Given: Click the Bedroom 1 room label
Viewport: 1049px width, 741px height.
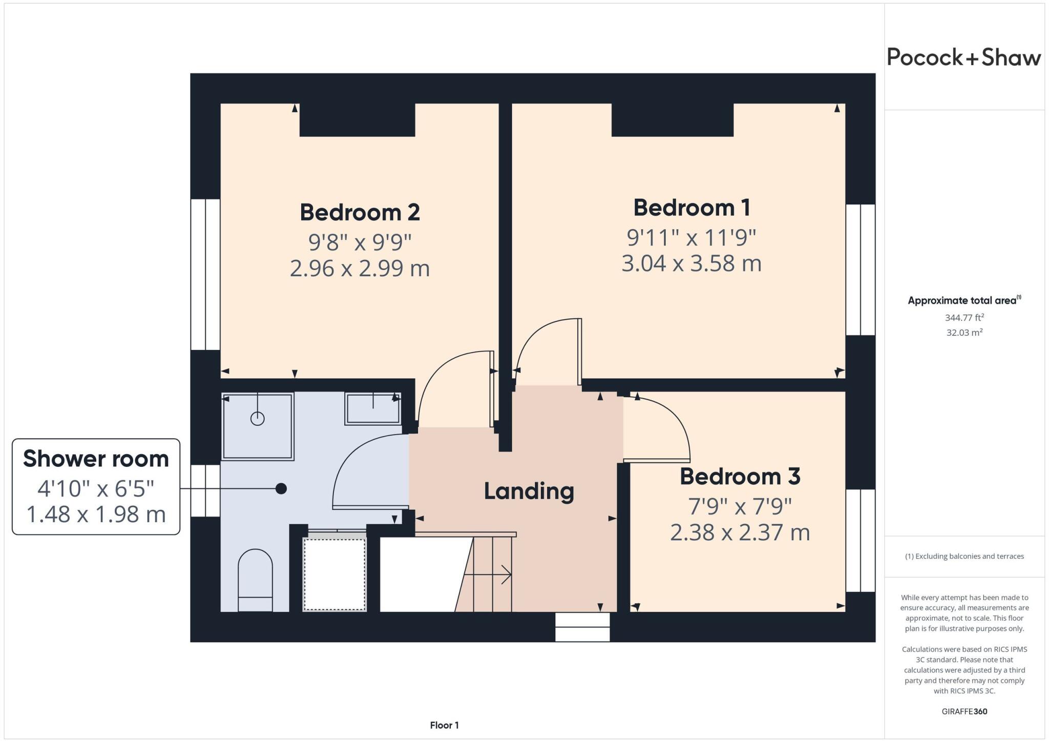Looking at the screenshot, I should [691, 208].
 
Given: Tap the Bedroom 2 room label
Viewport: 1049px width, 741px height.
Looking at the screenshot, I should [360, 212].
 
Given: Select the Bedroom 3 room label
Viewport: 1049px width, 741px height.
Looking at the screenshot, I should [740, 477].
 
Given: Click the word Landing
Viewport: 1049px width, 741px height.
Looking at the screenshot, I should [529, 491].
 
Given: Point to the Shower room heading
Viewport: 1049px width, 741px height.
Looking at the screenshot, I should [96, 459].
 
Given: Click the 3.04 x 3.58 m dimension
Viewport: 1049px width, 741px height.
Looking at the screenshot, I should [691, 263].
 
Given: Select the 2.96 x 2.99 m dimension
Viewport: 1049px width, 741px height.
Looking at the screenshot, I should [360, 268].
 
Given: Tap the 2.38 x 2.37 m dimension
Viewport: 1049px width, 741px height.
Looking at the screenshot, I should [740, 532].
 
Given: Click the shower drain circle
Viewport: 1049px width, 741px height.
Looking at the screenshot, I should [257, 419].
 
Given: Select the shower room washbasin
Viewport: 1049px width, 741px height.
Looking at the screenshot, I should [373, 408].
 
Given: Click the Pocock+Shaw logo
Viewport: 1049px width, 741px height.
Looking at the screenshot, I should [963, 57].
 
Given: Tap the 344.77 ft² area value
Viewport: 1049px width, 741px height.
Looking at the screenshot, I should [964, 318].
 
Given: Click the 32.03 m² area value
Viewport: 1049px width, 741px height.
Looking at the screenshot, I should [964, 333].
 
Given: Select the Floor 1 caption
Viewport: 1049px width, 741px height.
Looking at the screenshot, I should [444, 725].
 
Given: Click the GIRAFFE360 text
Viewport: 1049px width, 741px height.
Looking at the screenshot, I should [964, 711].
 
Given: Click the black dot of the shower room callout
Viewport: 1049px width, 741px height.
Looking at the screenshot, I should [281, 489].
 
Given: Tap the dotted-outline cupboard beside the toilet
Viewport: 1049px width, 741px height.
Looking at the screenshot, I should [334, 573].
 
